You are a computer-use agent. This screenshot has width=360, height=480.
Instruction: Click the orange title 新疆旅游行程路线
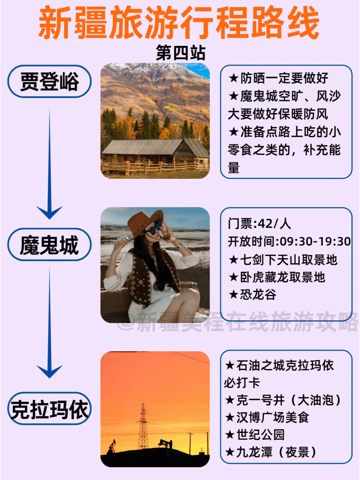(179, 23)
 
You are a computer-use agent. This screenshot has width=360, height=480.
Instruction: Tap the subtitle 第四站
(181, 53)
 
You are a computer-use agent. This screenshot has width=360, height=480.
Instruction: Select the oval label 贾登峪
(49, 81)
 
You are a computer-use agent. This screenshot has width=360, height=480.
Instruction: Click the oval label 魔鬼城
(49, 244)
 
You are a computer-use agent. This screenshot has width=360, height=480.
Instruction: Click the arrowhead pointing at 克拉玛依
(49, 371)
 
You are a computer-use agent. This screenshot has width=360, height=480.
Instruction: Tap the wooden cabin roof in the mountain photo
(153, 147)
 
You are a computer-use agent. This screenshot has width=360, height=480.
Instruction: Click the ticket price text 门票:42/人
(259, 224)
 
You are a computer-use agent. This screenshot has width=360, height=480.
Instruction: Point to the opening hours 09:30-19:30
(315, 242)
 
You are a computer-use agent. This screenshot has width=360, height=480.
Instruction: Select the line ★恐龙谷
(252, 295)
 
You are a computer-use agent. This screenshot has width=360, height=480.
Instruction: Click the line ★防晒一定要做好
(278, 78)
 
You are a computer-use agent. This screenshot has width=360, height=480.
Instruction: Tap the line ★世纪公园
(255, 435)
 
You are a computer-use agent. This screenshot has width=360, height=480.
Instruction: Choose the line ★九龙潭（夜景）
(271, 452)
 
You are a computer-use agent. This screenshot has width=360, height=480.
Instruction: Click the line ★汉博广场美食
(267, 417)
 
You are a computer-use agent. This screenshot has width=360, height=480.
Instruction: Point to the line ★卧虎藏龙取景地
(277, 277)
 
